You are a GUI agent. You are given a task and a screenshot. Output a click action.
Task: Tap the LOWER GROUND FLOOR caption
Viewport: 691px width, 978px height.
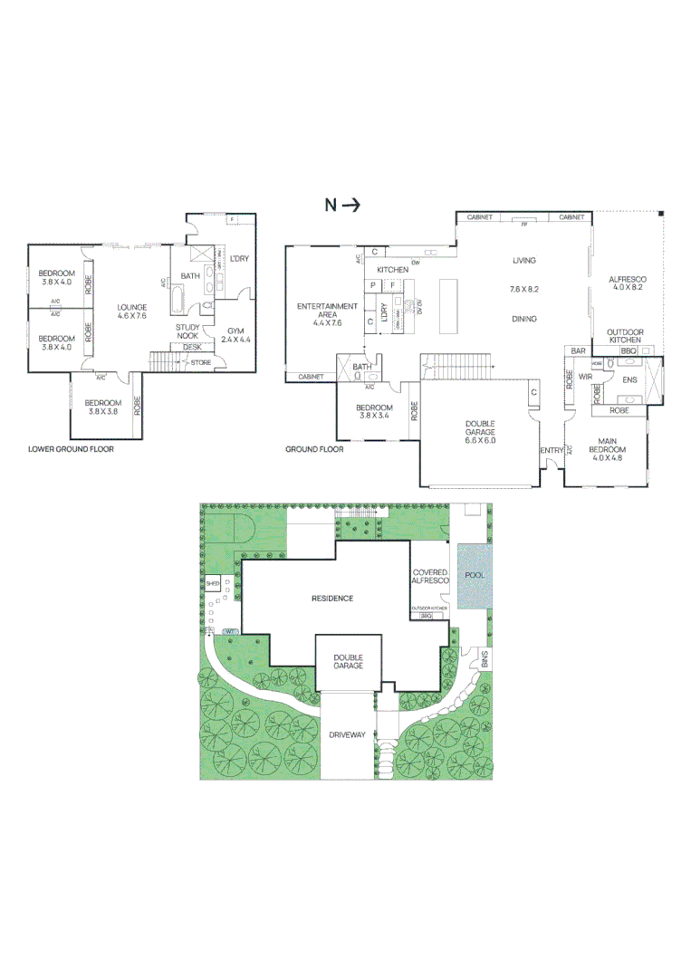click(x=71, y=448)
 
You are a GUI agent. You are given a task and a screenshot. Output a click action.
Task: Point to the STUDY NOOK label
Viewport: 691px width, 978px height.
click(x=188, y=331)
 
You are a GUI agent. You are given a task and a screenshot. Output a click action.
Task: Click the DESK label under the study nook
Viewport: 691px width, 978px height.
click(x=191, y=347)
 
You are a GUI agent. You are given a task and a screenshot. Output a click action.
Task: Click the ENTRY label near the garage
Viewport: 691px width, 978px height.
click(x=551, y=450)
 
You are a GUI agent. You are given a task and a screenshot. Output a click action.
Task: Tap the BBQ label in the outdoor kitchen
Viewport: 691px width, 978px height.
click(x=629, y=350)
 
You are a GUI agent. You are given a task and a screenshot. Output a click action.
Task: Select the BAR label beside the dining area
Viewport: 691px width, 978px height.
click(x=578, y=350)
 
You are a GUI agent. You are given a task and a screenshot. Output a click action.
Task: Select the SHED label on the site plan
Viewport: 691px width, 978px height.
click(x=213, y=585)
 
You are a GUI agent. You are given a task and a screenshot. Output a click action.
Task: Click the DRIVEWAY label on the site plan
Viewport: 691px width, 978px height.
click(x=346, y=734)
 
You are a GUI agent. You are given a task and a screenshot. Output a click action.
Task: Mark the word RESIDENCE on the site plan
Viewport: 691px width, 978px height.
click(x=331, y=599)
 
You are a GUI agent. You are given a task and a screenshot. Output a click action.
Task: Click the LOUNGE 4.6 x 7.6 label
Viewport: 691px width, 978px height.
click(x=132, y=312)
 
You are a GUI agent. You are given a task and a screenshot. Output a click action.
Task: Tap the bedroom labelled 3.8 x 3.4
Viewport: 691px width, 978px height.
click(x=374, y=413)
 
